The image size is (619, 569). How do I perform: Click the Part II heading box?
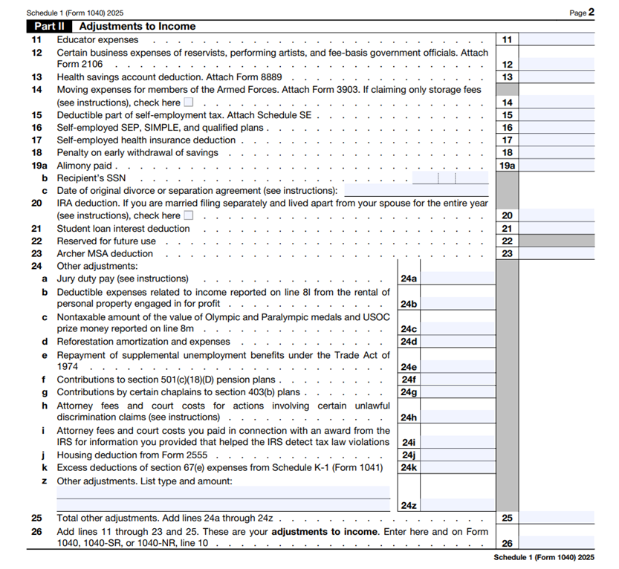click(50, 26)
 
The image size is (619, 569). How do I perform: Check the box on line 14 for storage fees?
click(189, 103)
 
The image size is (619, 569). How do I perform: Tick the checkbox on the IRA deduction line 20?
click(189, 215)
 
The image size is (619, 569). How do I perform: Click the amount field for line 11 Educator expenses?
click(557, 39)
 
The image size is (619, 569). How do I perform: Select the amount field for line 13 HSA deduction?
click(557, 77)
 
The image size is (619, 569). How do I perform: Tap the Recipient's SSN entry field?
click(450, 178)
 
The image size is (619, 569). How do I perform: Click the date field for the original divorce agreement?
click(415, 191)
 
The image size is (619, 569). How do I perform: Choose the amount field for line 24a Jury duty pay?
click(458, 279)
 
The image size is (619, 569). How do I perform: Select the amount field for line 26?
click(557, 543)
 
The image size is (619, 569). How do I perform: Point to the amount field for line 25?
click(557, 518)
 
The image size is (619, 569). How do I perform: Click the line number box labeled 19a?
click(507, 166)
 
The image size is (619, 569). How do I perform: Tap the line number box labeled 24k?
click(409, 468)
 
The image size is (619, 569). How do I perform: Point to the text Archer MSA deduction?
click(105, 253)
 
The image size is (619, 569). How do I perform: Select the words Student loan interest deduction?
click(123, 229)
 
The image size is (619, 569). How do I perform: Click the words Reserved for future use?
click(106, 241)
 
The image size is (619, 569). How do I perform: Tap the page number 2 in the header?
click(592, 12)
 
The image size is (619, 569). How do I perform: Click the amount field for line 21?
click(557, 229)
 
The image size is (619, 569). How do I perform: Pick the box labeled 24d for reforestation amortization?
click(409, 342)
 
